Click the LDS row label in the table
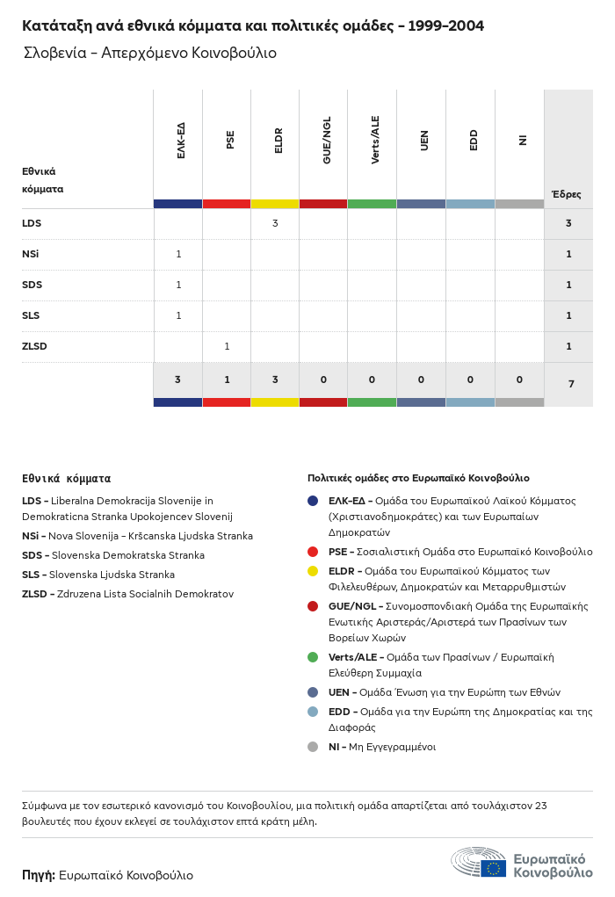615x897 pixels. [32, 224]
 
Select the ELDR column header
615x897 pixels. [279, 141]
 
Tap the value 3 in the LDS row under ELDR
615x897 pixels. [275, 224]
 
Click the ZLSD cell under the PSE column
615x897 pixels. [227, 346]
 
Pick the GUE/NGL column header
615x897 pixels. [327, 141]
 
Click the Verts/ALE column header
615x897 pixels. [375, 141]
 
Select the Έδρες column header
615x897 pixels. [567, 194]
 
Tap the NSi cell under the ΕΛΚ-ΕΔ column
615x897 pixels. [178, 255]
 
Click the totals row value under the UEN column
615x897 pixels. [421, 380]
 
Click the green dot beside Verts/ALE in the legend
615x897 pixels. [313, 657]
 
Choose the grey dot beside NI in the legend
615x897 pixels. [313, 747]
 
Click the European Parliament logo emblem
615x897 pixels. [478, 863]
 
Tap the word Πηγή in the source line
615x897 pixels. [39, 875]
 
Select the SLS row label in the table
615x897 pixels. [31, 315]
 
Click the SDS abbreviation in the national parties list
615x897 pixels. [32, 555]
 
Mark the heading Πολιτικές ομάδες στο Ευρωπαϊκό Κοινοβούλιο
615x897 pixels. [418, 478]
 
